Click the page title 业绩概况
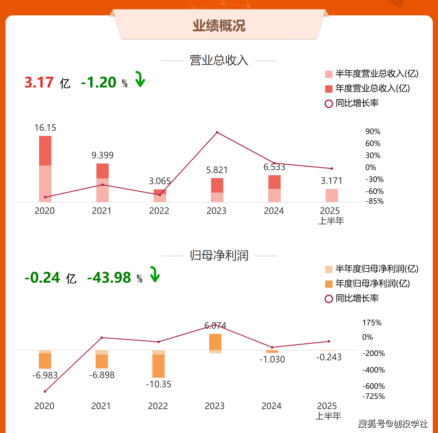[219, 26]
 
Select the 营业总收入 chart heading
[219, 60]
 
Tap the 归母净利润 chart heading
[219, 255]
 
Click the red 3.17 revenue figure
[39, 83]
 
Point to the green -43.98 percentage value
[109, 278]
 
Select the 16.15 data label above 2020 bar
[45, 128]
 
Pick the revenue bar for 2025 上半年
[331, 195]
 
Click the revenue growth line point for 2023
[217, 132]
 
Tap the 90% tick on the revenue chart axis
[373, 132]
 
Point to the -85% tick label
[374, 201]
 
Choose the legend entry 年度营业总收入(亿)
[372, 88]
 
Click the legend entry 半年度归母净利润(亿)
[377, 269]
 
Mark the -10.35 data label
[158, 384]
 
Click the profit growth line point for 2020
[45, 391]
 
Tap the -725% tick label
[374, 396]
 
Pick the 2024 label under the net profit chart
[271, 406]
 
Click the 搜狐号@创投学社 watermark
[393, 424]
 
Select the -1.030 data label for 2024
[272, 359]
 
